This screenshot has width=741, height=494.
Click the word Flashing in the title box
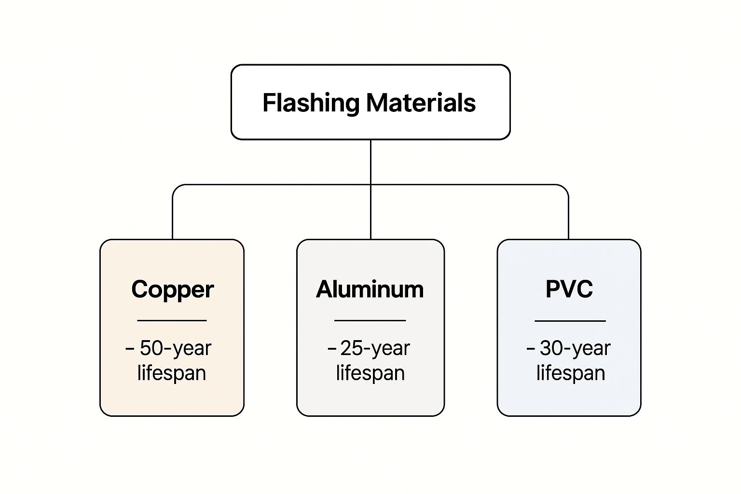click(311, 103)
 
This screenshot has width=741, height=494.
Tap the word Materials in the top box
click(421, 103)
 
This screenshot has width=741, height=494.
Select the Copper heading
click(172, 289)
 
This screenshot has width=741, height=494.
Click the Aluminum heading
click(370, 289)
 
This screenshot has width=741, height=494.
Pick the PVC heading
click(569, 289)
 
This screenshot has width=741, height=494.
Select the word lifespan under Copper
click(172, 373)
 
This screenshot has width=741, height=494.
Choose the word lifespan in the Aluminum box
click(370, 373)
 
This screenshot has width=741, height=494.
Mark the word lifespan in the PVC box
click(571, 373)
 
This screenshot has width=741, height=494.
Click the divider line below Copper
click(172, 320)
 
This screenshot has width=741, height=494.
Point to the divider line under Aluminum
click(370, 320)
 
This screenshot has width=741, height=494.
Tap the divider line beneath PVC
click(570, 320)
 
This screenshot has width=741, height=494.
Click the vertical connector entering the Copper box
click(173, 217)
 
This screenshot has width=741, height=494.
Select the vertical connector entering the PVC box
click(568, 217)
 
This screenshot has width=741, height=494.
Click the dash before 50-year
click(130, 348)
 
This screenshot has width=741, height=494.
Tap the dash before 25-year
click(332, 348)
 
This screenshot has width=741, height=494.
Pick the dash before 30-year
click(531, 348)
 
